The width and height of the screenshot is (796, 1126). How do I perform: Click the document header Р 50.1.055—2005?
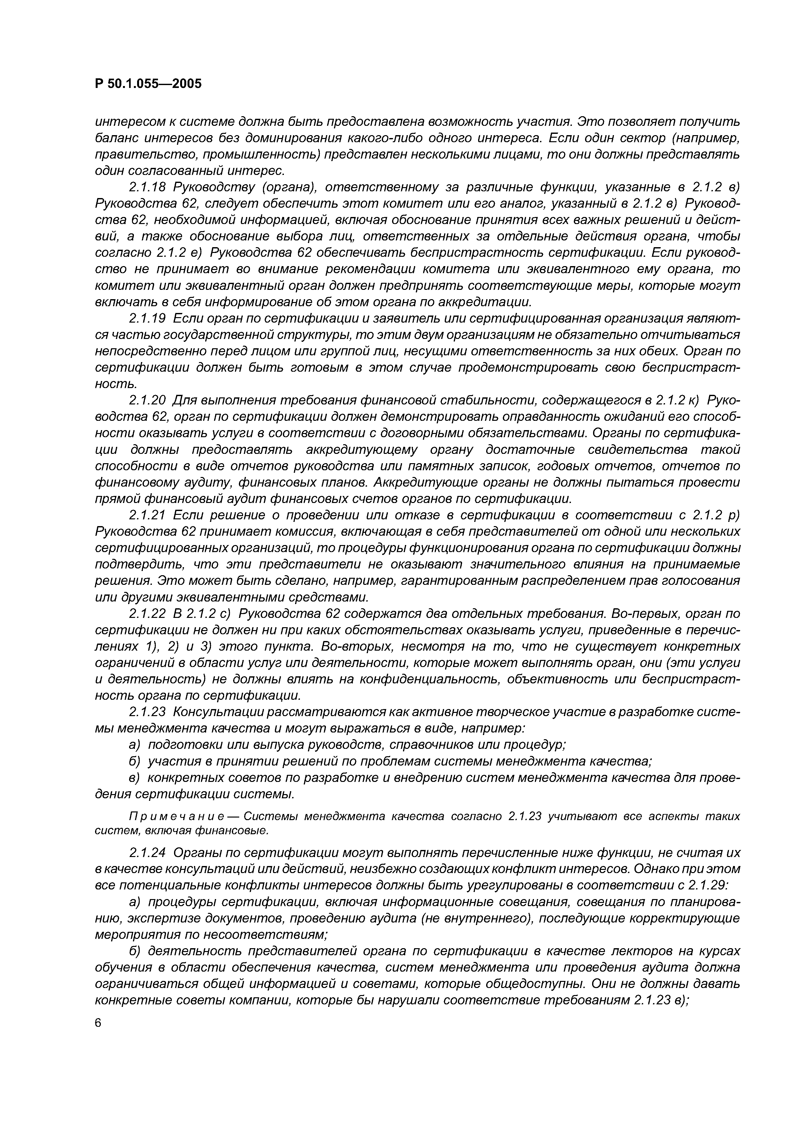pyautogui.click(x=148, y=84)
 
